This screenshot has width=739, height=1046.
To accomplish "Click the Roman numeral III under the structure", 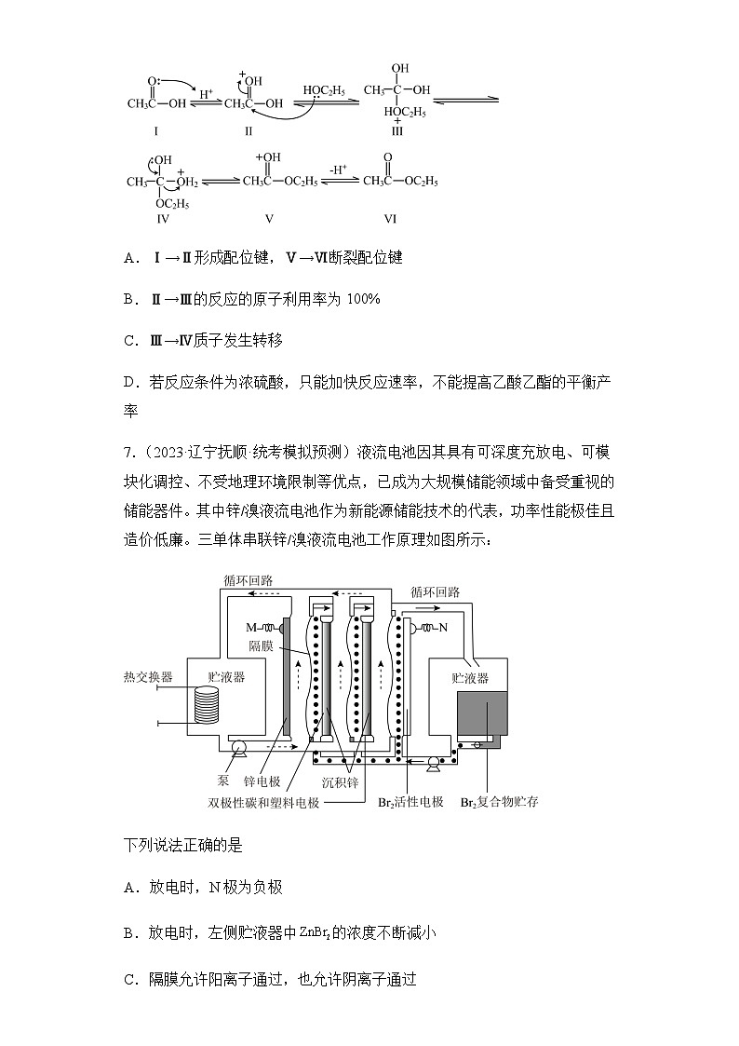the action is pos(397,131).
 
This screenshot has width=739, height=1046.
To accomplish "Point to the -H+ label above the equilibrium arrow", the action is pos(338,170).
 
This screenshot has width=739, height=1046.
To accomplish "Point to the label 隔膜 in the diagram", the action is pos(261,645).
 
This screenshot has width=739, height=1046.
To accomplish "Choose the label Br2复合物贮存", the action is pos(500,802).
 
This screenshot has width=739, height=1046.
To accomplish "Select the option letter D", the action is pos(130,382).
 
